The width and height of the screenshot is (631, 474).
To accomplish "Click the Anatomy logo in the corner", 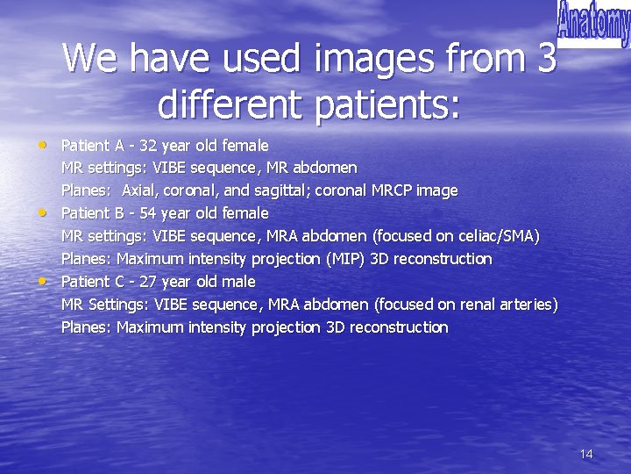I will (593, 24).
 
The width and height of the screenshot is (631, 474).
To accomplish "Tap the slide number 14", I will (586, 454).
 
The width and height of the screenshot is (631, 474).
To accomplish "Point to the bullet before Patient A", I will (44, 144).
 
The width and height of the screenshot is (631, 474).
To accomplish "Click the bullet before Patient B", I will (44, 212).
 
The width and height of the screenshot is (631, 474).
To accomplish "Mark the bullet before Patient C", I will (44, 281).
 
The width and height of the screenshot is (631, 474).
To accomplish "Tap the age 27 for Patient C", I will (148, 282).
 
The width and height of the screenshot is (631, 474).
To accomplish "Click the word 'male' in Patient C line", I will (238, 282).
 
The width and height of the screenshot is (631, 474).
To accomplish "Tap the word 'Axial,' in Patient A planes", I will (140, 190).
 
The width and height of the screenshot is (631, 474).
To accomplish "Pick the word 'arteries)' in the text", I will (528, 305).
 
